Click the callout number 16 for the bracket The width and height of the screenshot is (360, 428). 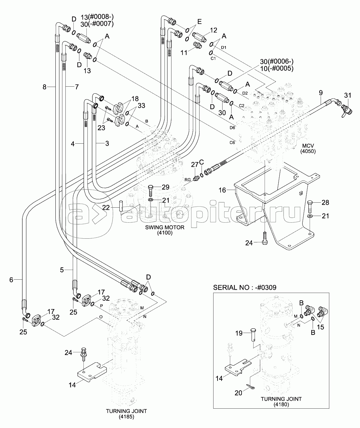[x=222, y=190]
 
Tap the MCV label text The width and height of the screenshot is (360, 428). [x=309, y=146]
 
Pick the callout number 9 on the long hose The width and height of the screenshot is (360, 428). [x=321, y=92]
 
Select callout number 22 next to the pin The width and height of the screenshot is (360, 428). [x=106, y=207]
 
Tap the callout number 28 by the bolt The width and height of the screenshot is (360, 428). [x=325, y=202]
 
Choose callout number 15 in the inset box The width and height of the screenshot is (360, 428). [x=320, y=327]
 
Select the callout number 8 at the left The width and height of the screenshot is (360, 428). [x=44, y=87]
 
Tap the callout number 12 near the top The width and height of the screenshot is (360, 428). [x=214, y=30]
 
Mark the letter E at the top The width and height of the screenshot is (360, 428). [x=200, y=22]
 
